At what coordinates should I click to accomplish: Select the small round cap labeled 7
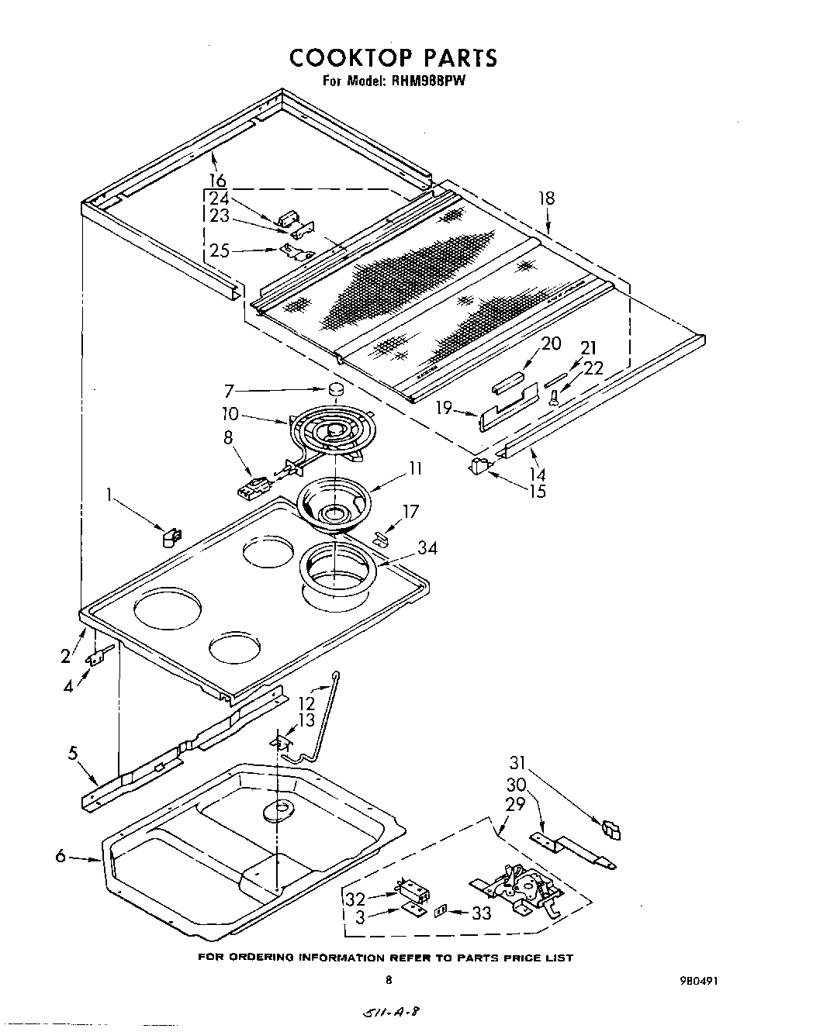pyautogui.click(x=335, y=389)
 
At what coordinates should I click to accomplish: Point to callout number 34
pyautogui.click(x=427, y=548)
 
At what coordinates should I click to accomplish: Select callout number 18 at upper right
pyautogui.click(x=547, y=198)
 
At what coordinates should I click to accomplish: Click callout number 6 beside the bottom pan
pyautogui.click(x=61, y=856)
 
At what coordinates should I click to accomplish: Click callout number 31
pyautogui.click(x=517, y=762)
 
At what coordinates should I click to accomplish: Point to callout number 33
pyautogui.click(x=481, y=913)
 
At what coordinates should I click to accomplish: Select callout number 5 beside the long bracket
pyautogui.click(x=72, y=751)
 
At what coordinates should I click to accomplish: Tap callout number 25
pyautogui.click(x=220, y=251)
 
